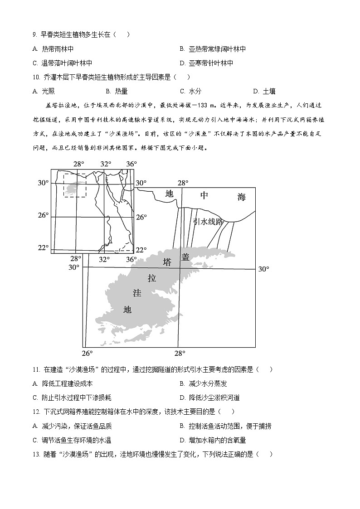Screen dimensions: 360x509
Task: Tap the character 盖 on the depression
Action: tap(185, 257)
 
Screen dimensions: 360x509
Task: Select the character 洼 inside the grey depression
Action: tap(137, 293)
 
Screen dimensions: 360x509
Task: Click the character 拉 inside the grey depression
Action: tap(151, 278)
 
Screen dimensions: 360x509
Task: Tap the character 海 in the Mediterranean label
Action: tap(241, 196)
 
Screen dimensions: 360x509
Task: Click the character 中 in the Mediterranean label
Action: tap(204, 195)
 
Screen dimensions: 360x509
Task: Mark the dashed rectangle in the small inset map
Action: tap(74, 185)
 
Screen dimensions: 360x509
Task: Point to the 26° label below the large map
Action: tap(87, 354)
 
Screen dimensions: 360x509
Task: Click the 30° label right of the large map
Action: tap(263, 269)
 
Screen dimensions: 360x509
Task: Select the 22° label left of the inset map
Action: tap(43, 247)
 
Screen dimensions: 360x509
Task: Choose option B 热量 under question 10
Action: tap(117, 91)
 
